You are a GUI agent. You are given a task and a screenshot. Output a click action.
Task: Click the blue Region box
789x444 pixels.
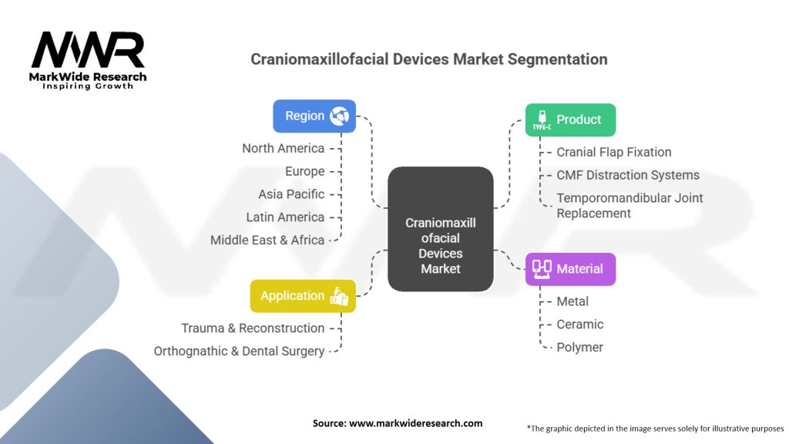pyautogui.click(x=314, y=116)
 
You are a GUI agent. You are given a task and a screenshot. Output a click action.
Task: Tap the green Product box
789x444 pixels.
pyautogui.click(x=570, y=120)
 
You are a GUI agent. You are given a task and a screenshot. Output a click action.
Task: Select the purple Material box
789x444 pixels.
pyautogui.click(x=570, y=269)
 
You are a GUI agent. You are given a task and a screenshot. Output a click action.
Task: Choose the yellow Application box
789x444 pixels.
pyautogui.click(x=303, y=296)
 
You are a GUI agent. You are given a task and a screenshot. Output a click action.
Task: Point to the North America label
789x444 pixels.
pyautogui.click(x=283, y=148)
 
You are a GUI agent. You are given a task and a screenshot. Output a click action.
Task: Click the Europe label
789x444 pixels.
pyautogui.click(x=304, y=171)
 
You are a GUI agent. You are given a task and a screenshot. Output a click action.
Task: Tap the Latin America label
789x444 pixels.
pyautogui.click(x=285, y=217)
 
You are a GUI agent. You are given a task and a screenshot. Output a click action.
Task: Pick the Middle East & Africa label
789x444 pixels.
pyautogui.click(x=267, y=240)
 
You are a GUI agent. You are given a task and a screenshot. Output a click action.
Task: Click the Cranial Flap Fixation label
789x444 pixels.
pyautogui.click(x=614, y=152)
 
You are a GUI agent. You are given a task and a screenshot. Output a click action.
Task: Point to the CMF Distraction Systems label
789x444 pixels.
pyautogui.click(x=628, y=175)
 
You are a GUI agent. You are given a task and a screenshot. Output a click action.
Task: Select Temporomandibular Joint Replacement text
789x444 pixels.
pyautogui.click(x=630, y=206)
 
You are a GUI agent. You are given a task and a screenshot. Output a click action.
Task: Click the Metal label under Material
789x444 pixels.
pyautogui.click(x=572, y=301)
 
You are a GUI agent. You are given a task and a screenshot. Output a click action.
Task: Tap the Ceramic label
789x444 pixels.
pyautogui.click(x=580, y=325)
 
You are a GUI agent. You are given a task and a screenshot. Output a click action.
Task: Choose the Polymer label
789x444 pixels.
pyautogui.click(x=580, y=348)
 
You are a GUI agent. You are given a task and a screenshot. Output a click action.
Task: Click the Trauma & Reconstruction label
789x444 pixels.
pyautogui.click(x=253, y=328)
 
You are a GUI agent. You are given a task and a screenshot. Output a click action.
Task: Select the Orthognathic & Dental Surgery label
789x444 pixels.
pyautogui.click(x=239, y=351)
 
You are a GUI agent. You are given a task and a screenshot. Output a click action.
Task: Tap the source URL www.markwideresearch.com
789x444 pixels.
pyautogui.click(x=417, y=423)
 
